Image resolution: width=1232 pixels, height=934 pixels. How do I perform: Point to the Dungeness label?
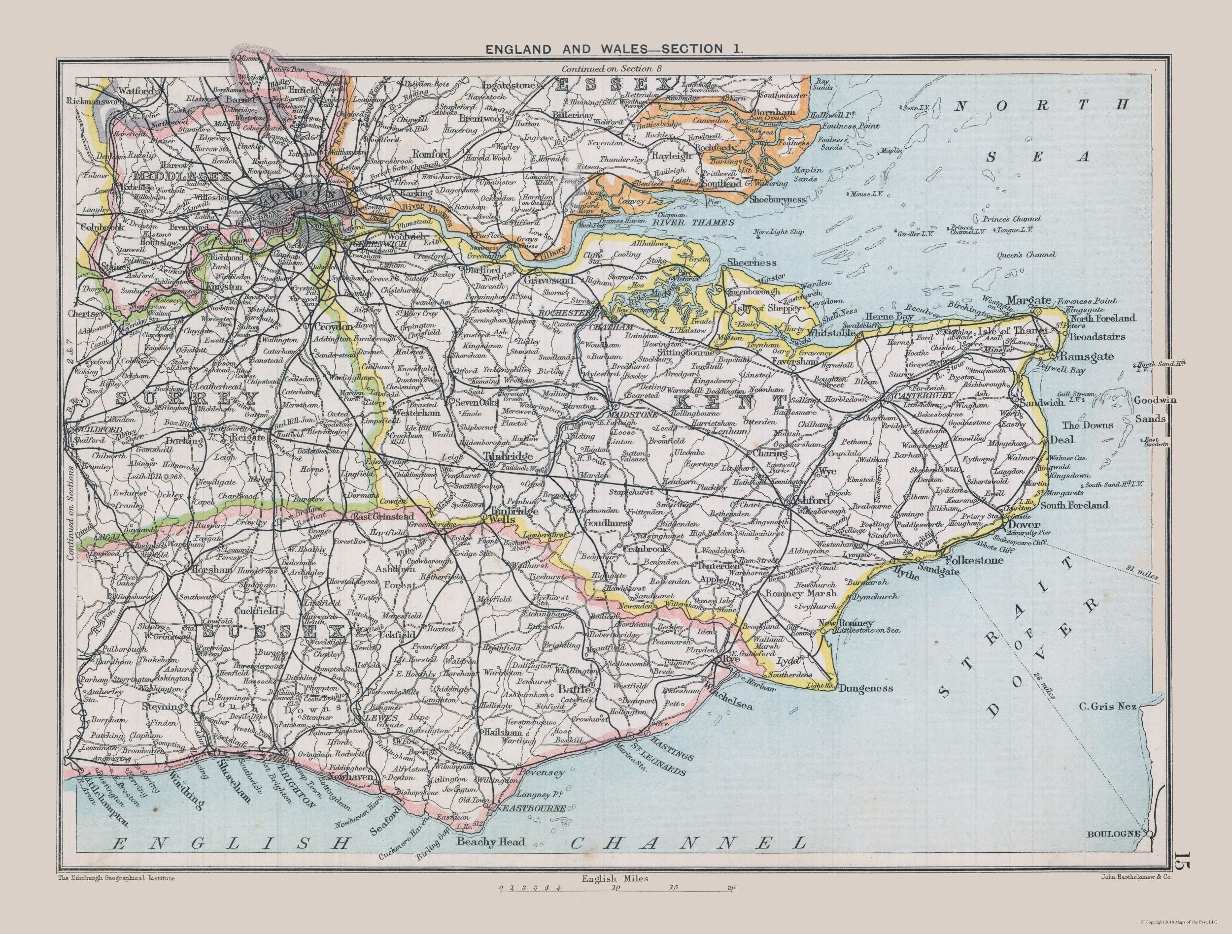[865, 688]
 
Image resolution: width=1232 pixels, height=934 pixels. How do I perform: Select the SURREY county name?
[187, 398]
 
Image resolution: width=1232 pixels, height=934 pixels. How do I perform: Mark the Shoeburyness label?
[778, 199]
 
